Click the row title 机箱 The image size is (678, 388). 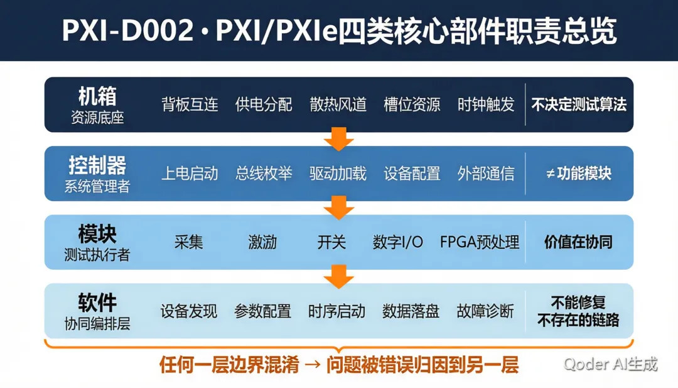click(x=97, y=96)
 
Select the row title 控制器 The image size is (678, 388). click(x=97, y=165)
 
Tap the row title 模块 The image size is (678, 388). click(x=97, y=234)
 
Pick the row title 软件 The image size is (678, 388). click(x=97, y=302)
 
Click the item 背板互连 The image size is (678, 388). click(x=190, y=104)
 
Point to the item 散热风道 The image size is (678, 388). click(x=338, y=104)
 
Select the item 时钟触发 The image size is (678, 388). click(x=486, y=104)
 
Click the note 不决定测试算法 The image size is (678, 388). click(x=579, y=104)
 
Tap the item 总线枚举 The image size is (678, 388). click(x=264, y=174)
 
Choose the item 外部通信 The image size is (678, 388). click(x=486, y=174)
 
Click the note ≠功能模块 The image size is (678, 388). click(x=579, y=174)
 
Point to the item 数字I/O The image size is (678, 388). click(x=398, y=242)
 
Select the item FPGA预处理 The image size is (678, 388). click(x=480, y=242)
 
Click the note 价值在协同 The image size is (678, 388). click(x=579, y=242)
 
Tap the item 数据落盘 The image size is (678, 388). click(x=411, y=311)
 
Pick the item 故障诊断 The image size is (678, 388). click(x=485, y=311)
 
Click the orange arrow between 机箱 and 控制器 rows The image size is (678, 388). click(x=338, y=139)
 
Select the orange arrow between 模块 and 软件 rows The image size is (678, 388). click(x=338, y=277)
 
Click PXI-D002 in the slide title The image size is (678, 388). click(x=127, y=31)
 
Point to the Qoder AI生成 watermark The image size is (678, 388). click(x=611, y=364)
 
